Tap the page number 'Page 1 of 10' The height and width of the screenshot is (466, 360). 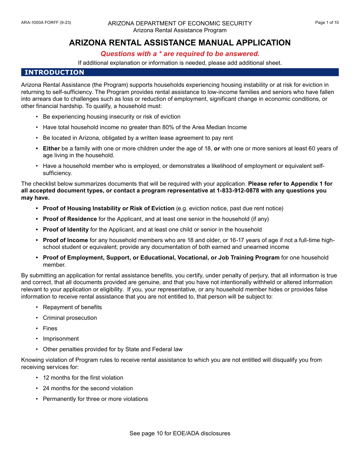327,23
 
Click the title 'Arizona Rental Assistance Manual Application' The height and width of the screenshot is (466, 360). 180,43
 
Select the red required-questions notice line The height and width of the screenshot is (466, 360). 180,54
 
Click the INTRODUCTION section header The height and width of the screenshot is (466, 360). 54,72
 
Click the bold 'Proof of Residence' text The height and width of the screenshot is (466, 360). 70,219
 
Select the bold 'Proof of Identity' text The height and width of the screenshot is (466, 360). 66,230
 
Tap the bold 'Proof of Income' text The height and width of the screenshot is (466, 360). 65,240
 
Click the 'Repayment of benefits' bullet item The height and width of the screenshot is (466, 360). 72,307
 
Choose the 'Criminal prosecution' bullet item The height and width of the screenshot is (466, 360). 70,318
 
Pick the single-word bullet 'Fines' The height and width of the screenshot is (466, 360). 50,328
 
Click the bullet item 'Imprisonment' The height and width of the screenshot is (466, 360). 61,339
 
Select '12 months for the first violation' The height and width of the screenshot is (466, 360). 83,378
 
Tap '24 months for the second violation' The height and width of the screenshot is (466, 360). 88,388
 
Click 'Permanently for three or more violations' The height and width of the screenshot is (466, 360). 95,399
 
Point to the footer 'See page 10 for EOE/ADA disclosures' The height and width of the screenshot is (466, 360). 180,433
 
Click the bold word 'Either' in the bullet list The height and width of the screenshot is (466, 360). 51,149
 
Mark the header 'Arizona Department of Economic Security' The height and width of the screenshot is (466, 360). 180,23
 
